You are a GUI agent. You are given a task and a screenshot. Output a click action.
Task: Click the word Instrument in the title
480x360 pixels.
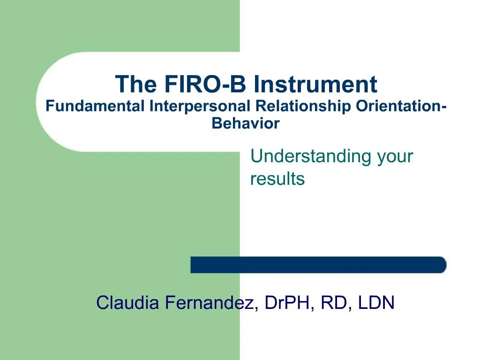[x=315, y=84]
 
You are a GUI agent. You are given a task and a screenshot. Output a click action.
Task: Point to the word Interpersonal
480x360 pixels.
[x=200, y=107]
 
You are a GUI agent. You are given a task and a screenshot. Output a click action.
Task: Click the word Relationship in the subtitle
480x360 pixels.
[x=303, y=107]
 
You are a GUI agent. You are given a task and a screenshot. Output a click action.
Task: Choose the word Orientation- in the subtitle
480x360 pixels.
[x=401, y=107]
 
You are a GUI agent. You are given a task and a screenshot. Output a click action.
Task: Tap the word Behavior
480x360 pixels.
[x=246, y=124]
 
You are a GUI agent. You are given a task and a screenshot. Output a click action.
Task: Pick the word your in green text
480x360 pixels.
[x=395, y=156]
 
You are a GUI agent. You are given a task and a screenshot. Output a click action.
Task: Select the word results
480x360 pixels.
[x=277, y=179]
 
